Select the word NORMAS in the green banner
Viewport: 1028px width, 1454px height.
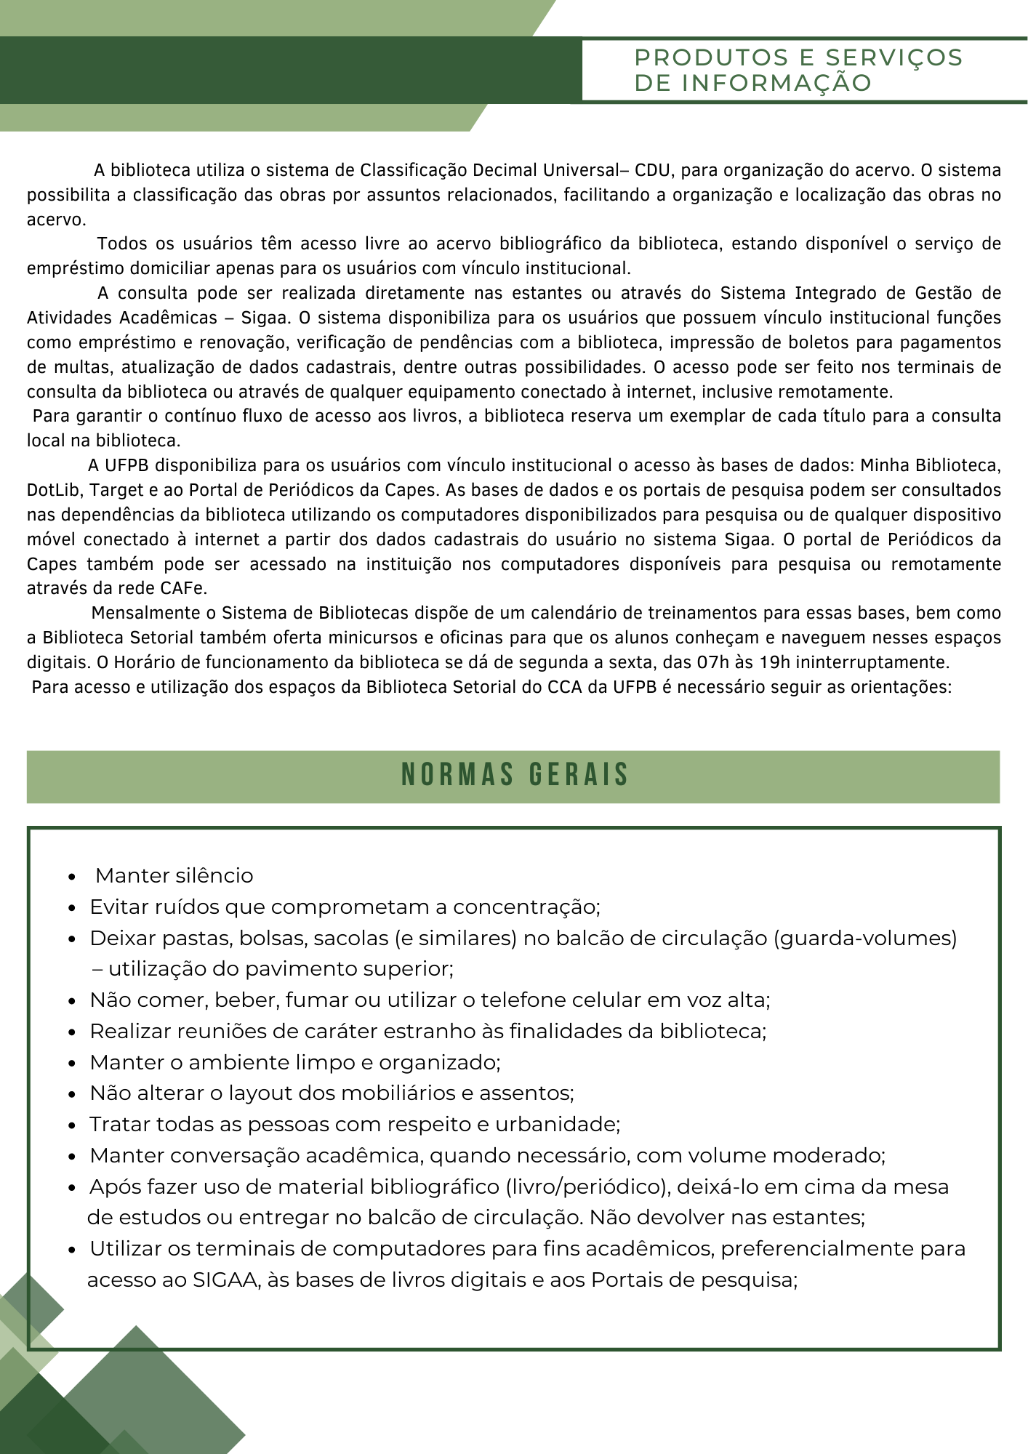pos(457,775)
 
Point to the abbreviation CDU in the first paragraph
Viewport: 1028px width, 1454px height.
pos(652,171)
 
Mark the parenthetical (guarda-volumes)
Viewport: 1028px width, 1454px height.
pos(864,939)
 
